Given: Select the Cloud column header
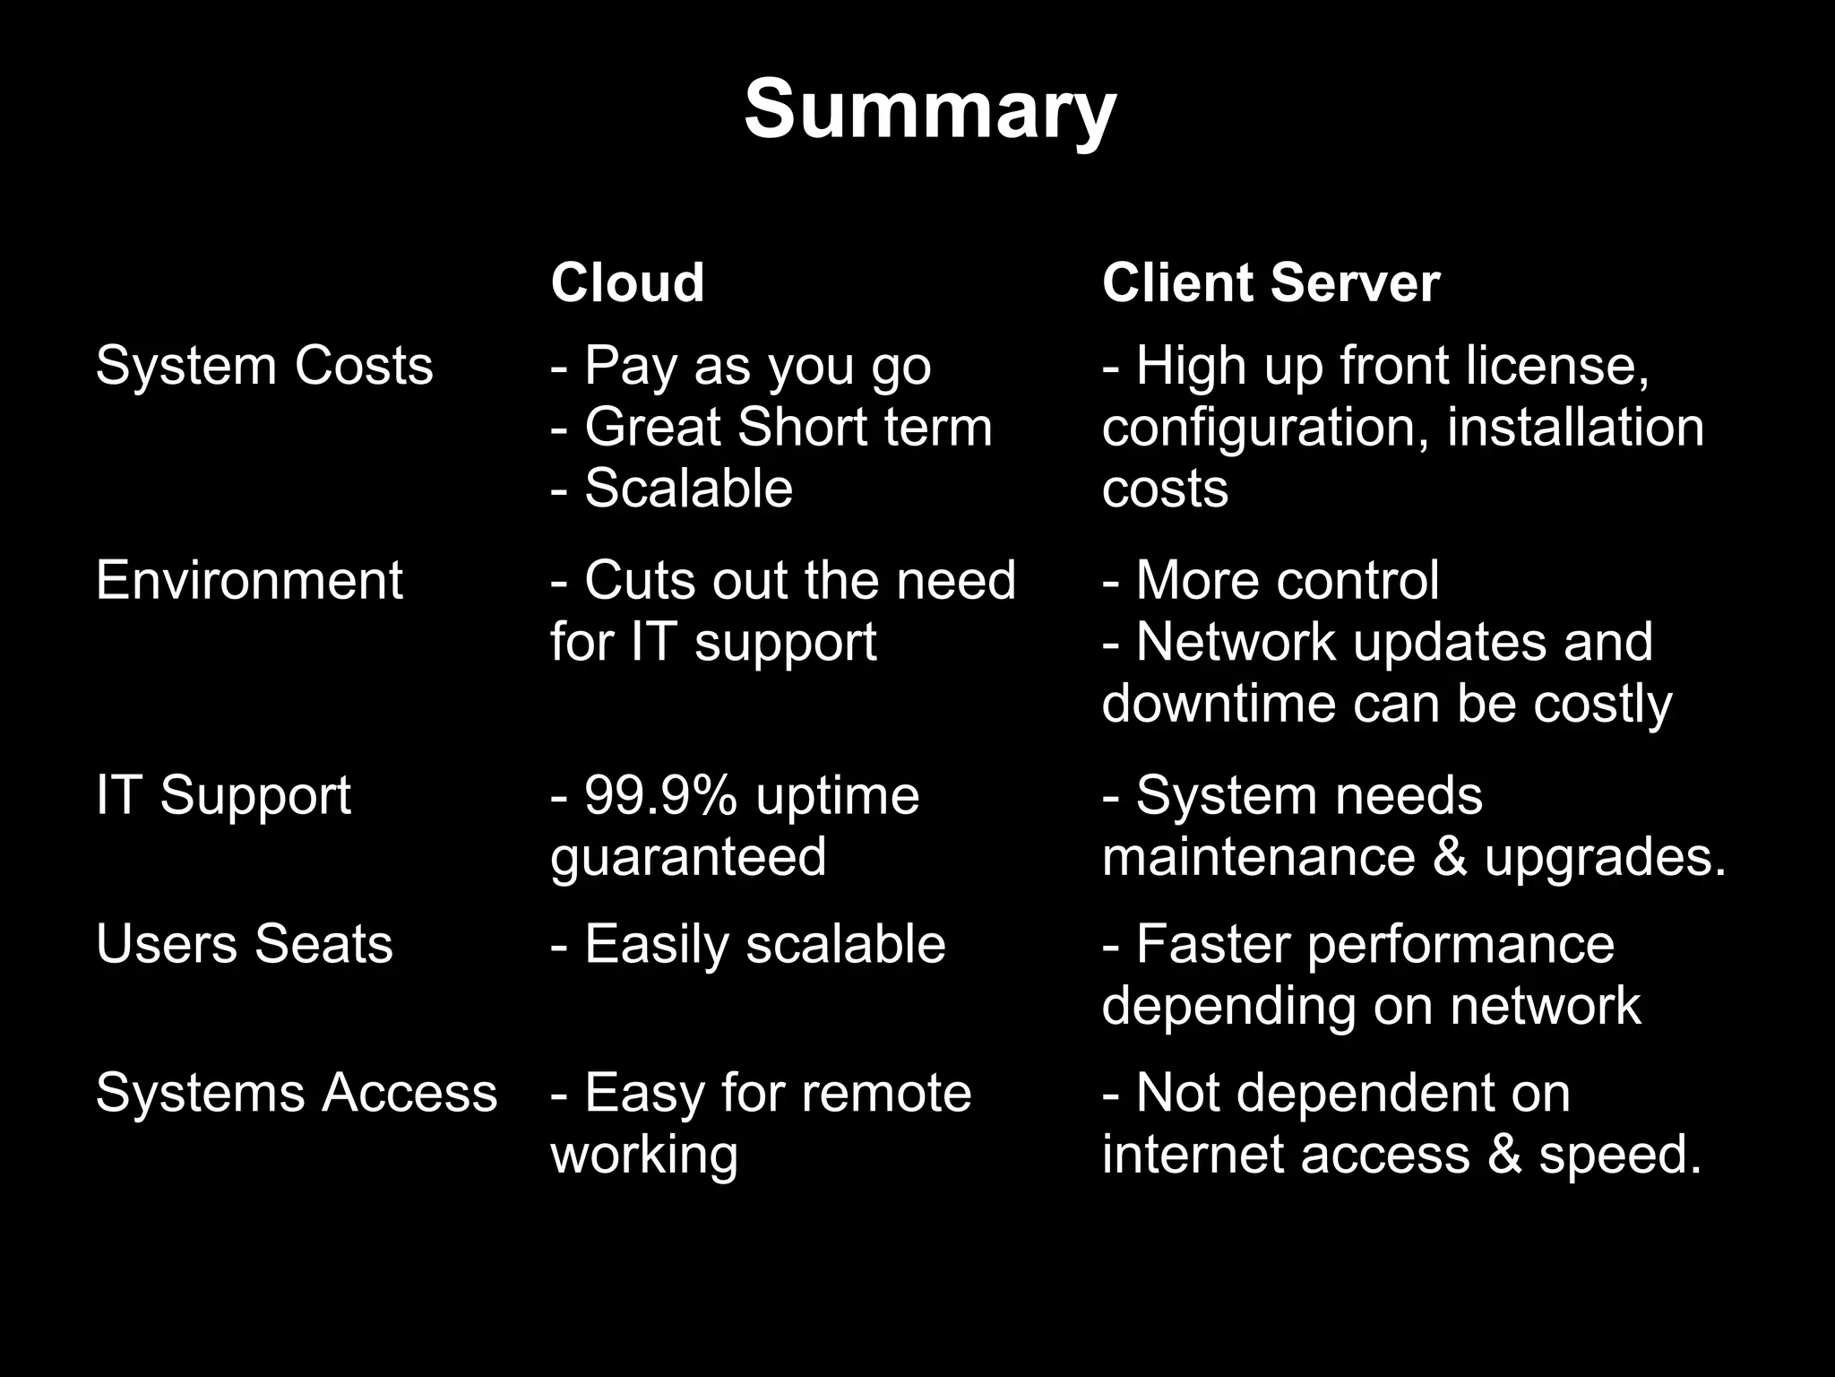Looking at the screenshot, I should [x=627, y=283].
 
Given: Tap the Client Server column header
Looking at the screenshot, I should [x=1271, y=283].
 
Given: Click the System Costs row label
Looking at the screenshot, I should [x=264, y=366].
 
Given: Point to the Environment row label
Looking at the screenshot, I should [x=249, y=580].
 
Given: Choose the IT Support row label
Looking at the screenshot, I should [x=223, y=795].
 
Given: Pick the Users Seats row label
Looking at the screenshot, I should [x=244, y=944].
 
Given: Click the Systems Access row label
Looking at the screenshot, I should [x=296, y=1093].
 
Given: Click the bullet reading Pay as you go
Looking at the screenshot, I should [x=742, y=367].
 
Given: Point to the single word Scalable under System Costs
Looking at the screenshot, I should [x=688, y=489].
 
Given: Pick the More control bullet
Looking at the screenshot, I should [x=1271, y=580].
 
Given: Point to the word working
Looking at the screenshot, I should [x=644, y=1155].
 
